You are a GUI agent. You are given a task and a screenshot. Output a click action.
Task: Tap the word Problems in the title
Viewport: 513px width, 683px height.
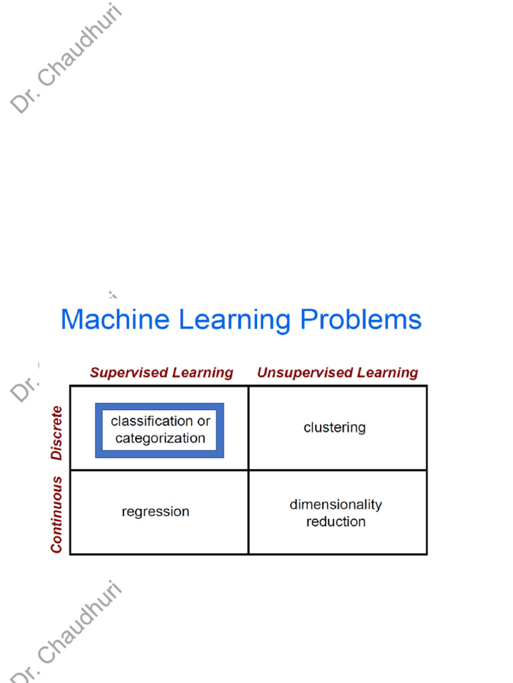[x=361, y=319]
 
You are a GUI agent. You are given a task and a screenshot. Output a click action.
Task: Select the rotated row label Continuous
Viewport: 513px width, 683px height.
[x=57, y=514]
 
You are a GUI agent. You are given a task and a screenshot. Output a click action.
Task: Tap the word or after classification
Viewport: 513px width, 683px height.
[x=204, y=422]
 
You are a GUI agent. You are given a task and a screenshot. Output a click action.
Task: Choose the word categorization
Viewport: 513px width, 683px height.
[x=160, y=438]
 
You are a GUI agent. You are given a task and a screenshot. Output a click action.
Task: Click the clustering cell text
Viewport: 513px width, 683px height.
[x=335, y=428]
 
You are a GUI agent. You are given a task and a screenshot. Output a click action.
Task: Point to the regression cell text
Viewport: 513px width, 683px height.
[x=156, y=512]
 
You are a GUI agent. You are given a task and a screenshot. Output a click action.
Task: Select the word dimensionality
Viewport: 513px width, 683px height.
[x=336, y=504]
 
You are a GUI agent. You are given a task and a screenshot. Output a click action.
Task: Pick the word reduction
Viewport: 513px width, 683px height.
[x=336, y=522]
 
